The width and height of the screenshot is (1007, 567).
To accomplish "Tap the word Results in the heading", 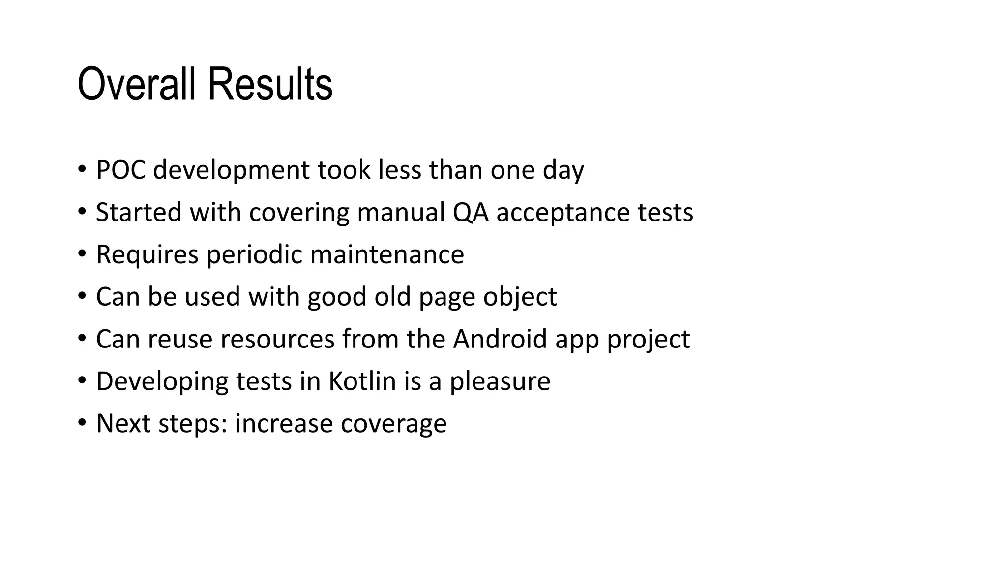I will click(270, 84).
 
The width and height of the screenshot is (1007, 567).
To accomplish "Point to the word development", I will click(231, 171).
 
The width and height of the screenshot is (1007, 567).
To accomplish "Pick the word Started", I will click(139, 212).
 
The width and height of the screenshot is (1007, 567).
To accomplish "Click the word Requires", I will click(147, 255).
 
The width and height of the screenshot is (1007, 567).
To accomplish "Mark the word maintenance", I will click(387, 254).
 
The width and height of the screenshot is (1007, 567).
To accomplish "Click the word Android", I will click(500, 339).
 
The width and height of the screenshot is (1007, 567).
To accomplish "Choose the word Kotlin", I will click(362, 381).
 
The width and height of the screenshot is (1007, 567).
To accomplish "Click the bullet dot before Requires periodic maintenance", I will click(82, 254).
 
